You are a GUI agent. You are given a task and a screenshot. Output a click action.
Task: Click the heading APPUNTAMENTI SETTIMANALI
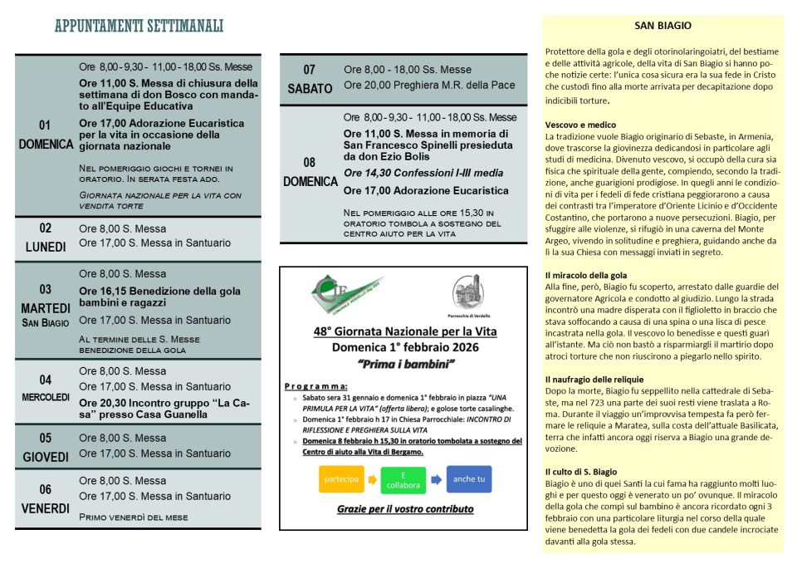point(139,27)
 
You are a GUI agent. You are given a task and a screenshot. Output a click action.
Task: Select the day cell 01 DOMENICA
point(46,135)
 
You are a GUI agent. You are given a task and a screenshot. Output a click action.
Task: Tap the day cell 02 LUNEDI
point(46,237)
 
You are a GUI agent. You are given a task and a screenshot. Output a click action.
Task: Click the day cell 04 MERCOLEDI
point(46,388)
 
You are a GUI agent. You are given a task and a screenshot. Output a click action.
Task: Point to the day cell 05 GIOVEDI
point(46,447)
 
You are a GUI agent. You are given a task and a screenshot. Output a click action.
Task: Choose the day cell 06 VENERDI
point(46,498)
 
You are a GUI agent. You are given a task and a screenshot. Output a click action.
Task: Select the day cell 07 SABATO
point(309,79)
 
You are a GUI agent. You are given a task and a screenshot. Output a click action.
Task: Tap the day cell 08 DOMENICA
point(309,173)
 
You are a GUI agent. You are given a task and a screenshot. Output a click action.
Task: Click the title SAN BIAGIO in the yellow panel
point(663,27)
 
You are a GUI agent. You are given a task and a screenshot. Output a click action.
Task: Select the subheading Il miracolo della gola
point(586,275)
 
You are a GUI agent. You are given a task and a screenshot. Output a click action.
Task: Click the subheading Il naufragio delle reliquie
point(594,379)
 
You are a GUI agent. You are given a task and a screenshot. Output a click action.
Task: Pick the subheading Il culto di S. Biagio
point(581,471)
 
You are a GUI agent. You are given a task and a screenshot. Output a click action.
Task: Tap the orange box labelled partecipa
point(341,479)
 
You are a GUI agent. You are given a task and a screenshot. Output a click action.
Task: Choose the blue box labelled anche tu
point(469,478)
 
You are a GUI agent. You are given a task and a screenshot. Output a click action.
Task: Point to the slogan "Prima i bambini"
point(403,365)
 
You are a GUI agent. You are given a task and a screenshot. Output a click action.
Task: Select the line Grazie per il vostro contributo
point(404,509)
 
